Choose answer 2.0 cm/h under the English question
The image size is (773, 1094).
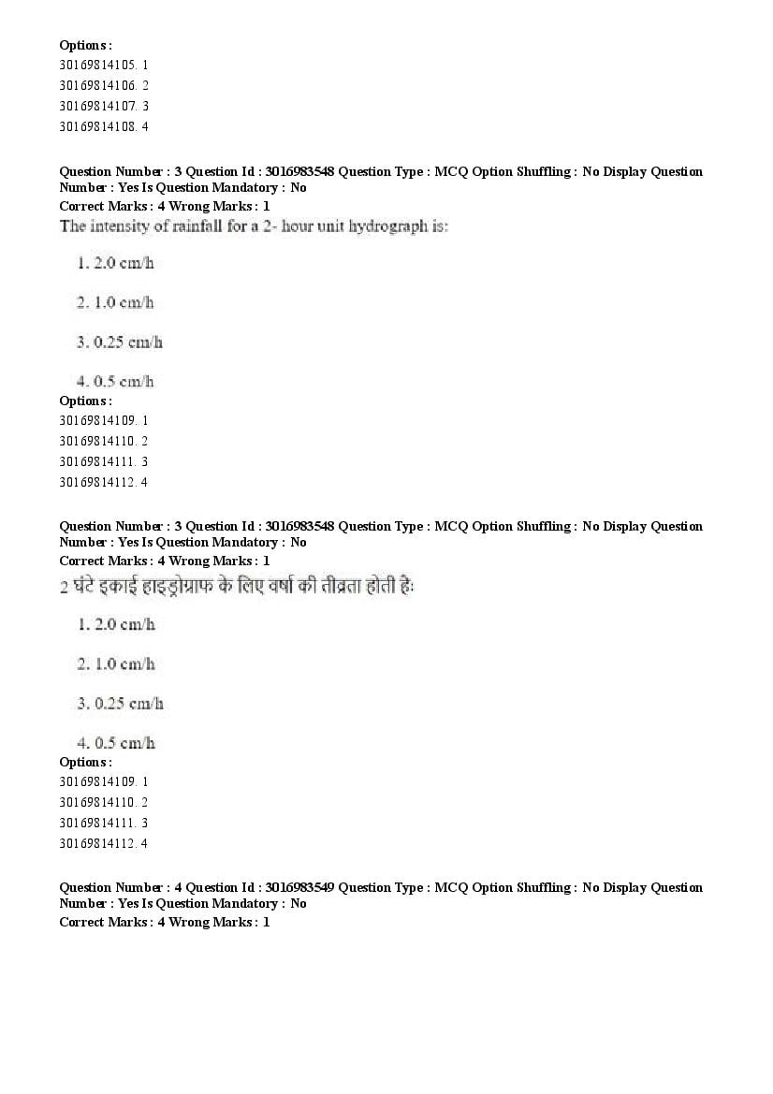pos(124,263)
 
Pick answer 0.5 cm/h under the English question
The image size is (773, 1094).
pos(124,382)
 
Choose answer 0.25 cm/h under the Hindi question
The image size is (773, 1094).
pos(128,704)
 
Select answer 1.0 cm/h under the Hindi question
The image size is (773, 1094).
pos(124,664)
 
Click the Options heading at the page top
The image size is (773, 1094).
pos(85,45)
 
